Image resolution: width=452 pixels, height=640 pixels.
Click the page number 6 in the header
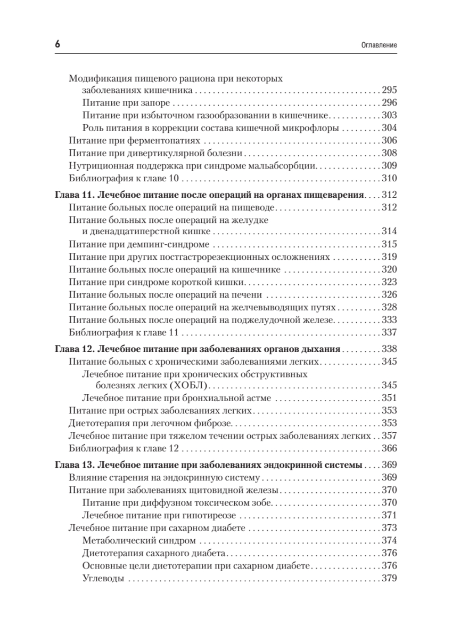(x=57, y=45)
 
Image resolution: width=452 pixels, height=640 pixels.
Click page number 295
(x=390, y=90)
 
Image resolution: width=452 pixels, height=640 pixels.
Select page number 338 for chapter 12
(x=390, y=350)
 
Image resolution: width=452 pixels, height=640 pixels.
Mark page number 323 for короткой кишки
(x=390, y=282)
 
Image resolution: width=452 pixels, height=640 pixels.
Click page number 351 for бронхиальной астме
(x=390, y=398)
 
